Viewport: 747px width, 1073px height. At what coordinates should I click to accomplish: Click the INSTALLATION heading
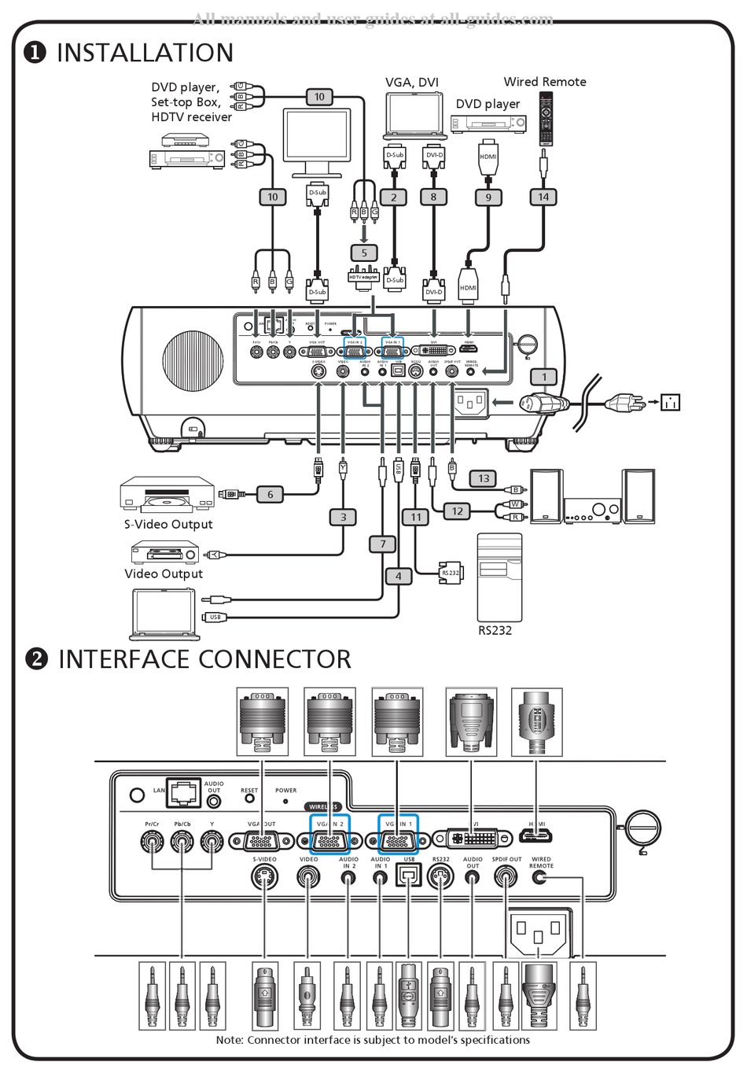(145, 53)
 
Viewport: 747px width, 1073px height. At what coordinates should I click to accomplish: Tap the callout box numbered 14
(543, 197)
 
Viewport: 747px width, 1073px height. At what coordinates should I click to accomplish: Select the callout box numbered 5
(364, 253)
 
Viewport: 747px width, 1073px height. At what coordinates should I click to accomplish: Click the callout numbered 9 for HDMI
(488, 197)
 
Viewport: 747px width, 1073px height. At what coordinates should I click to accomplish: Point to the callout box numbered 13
(484, 478)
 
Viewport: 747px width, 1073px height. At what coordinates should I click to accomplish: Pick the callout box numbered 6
(270, 494)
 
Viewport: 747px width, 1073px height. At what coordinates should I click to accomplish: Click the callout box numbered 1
(543, 377)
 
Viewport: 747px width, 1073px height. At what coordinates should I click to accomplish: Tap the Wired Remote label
(545, 82)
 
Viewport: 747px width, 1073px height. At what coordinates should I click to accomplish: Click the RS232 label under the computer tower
(495, 630)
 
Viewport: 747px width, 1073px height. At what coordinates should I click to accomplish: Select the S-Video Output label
(168, 525)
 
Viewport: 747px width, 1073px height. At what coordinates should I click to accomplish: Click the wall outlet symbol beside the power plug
(670, 402)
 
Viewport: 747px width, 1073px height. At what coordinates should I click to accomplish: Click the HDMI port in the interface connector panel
(537, 837)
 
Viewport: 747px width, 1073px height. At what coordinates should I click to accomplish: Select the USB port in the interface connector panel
(408, 875)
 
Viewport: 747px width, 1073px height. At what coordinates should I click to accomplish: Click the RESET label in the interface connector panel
(249, 790)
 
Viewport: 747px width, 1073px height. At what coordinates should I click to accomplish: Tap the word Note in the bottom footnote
(230, 1040)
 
